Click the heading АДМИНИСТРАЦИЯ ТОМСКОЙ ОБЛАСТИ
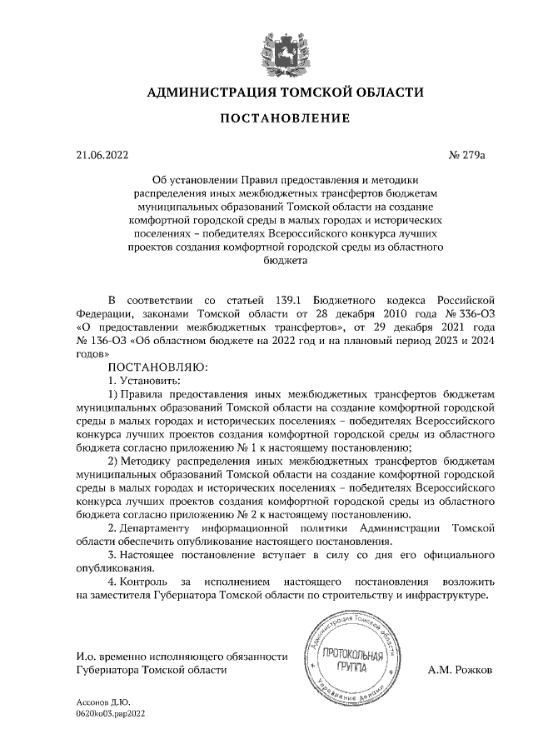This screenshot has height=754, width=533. (285, 92)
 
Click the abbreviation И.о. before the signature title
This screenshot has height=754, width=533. (86, 657)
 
